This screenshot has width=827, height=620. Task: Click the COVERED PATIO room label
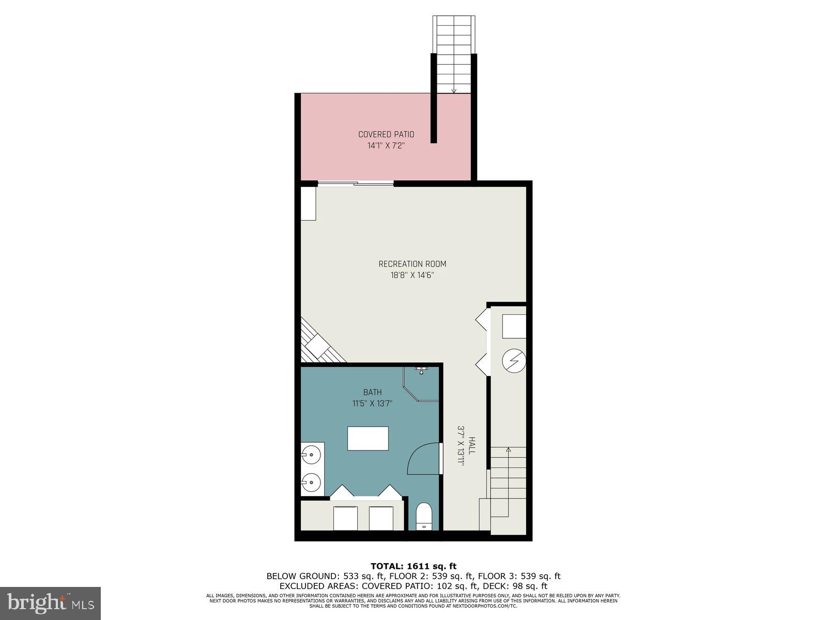[x=386, y=134]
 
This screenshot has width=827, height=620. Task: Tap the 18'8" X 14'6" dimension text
[x=412, y=275]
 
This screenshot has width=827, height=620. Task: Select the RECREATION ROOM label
[x=412, y=264]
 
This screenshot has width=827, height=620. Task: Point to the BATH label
[x=372, y=392]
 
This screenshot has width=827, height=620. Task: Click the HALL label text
[x=472, y=446]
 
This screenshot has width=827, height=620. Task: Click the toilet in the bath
[x=424, y=516]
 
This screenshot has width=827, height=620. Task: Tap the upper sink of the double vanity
[x=312, y=456]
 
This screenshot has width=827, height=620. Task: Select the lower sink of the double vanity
[x=312, y=483]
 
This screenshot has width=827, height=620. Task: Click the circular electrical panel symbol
[x=514, y=360]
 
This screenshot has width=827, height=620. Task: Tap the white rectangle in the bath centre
[x=368, y=438]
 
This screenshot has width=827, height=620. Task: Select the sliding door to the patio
[x=356, y=183]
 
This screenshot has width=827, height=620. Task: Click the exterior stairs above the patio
[x=453, y=54]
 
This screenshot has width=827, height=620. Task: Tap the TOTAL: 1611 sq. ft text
[x=413, y=566]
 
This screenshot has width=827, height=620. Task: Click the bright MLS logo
[x=50, y=603]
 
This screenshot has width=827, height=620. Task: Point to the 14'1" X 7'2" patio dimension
[x=386, y=146]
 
